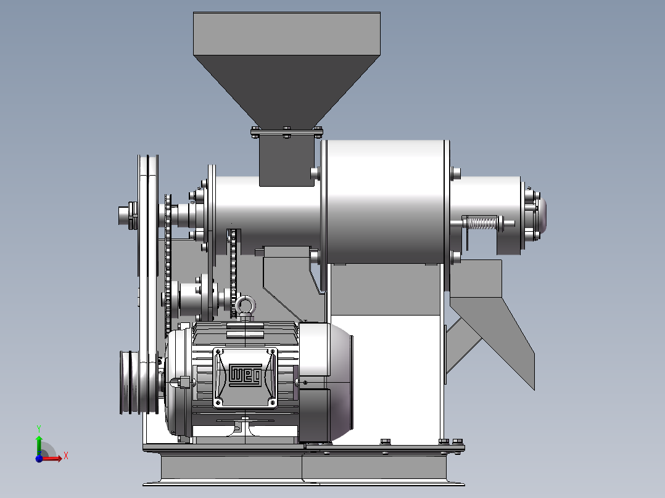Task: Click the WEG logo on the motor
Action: coord(245,375)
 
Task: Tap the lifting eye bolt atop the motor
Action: coord(246,308)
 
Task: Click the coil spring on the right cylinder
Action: coord(482,223)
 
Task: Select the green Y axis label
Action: coord(39,428)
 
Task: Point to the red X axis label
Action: coord(66,456)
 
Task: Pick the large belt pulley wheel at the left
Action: coord(148,284)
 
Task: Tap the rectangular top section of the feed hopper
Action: coord(287,33)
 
